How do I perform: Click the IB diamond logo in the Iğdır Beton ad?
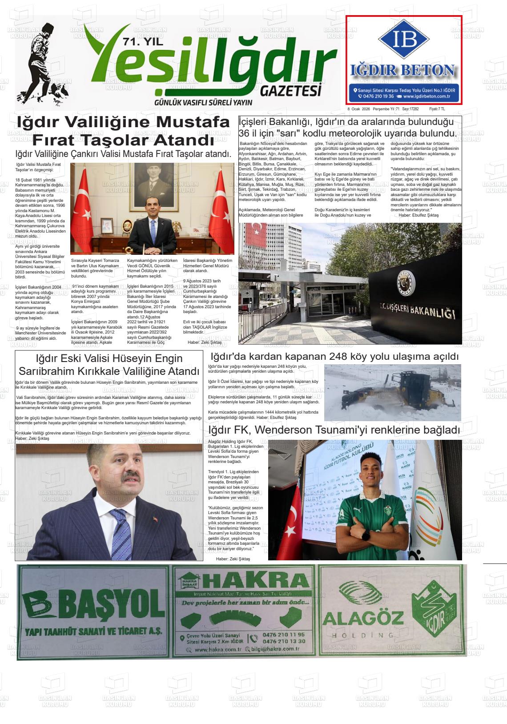[404, 40]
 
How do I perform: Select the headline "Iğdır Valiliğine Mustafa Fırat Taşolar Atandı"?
[123, 131]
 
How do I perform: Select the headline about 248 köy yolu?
[334, 357]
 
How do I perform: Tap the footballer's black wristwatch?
[365, 536]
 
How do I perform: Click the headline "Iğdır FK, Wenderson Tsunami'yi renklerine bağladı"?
[334, 430]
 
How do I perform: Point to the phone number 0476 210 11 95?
[284, 635]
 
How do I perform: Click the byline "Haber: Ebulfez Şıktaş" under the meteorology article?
[418, 215]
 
